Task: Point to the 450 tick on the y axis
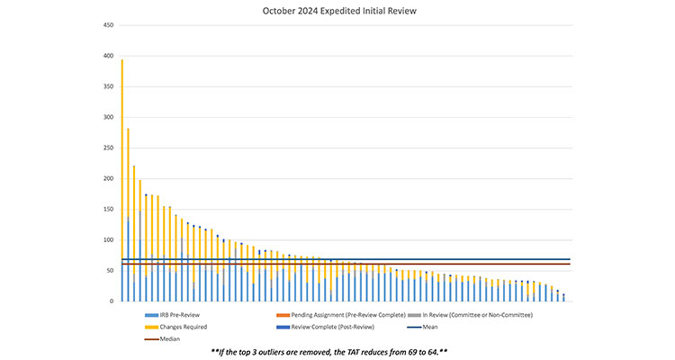pos(107,25)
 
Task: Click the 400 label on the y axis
pos(107,56)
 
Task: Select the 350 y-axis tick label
pos(107,86)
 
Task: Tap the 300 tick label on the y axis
pos(107,117)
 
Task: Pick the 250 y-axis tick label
pos(107,148)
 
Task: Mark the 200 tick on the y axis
pos(107,178)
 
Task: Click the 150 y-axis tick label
pos(107,209)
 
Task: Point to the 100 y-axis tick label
pos(107,239)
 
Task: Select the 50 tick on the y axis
pos(109,270)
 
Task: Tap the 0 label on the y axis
pos(111,301)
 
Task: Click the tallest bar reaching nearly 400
pos(122,180)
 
